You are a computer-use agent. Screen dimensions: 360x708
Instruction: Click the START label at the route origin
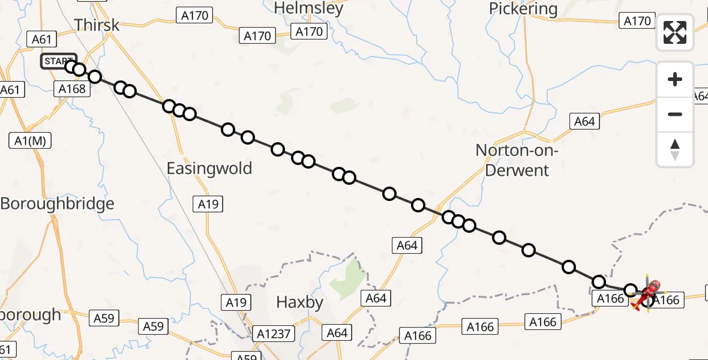[x=58, y=61]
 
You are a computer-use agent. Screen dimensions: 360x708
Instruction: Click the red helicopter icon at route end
[x=649, y=293]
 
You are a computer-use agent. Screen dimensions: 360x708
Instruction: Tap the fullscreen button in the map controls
[x=675, y=32]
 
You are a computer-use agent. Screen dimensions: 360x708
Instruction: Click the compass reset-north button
[x=675, y=149]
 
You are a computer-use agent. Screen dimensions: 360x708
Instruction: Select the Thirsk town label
[x=97, y=25]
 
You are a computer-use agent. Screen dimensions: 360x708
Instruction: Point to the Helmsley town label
[x=308, y=8]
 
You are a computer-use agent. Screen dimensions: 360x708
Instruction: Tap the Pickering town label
[x=523, y=9]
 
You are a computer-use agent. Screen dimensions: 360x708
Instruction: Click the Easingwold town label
[x=209, y=168]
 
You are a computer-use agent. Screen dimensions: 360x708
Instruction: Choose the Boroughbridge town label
[x=57, y=203]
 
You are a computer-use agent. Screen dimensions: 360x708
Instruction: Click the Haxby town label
[x=300, y=302]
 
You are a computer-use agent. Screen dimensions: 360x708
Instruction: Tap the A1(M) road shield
[x=30, y=141]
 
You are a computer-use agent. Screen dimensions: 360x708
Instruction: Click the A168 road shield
[x=73, y=89]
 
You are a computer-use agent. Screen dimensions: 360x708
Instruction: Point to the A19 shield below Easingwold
[x=209, y=204]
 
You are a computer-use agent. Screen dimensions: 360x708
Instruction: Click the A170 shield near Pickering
[x=637, y=21]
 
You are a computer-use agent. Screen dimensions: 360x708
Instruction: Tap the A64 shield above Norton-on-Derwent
[x=584, y=121]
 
